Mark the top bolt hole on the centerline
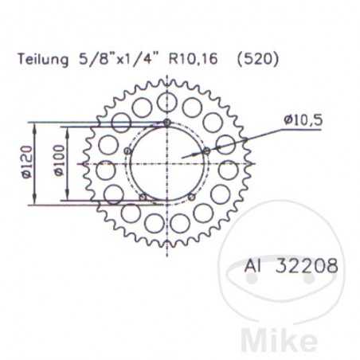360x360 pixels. (166, 122)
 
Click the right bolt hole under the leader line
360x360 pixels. (206, 151)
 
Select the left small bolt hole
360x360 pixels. (127, 151)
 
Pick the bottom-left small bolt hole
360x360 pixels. (142, 196)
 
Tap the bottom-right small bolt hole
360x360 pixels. (191, 196)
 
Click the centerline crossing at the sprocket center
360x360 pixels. (166, 163)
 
